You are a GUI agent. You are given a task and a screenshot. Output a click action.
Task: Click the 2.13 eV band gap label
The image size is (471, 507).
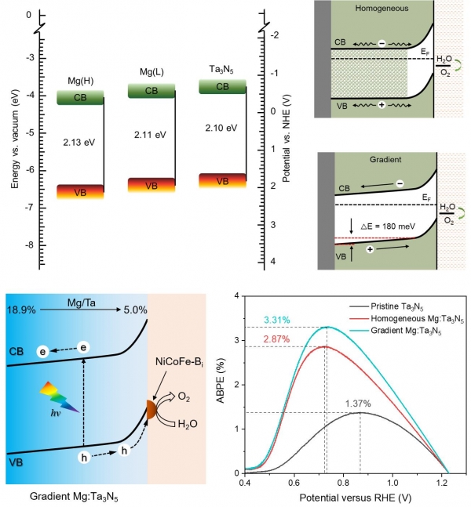click(x=80, y=143)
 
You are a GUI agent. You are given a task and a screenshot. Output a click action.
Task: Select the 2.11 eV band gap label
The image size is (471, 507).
click(x=150, y=135)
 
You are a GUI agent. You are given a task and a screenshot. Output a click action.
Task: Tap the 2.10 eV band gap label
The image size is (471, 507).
click(x=221, y=129)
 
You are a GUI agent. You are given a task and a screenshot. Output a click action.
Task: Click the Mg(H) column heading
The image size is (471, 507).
click(x=80, y=81)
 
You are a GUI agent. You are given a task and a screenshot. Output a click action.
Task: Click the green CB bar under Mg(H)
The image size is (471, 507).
click(x=80, y=98)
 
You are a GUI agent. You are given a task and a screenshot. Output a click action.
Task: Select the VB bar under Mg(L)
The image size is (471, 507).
click(x=151, y=185)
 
